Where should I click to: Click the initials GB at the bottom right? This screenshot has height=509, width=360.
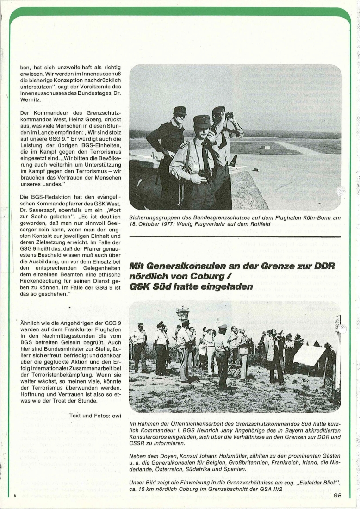(336, 495)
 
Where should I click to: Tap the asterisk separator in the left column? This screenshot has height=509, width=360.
(70, 307)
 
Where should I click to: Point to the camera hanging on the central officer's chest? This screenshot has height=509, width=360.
(205, 174)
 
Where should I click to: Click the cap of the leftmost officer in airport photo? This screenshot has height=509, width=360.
(180, 111)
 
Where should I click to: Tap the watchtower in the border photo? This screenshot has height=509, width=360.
(183, 313)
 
